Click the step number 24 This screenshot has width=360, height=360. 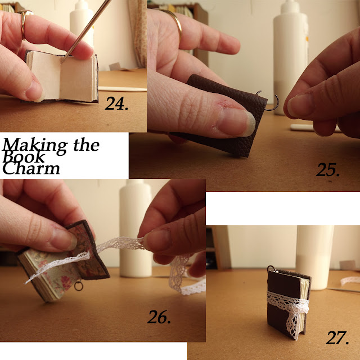click(x=116, y=103)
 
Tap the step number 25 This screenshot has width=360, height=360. click(x=328, y=170)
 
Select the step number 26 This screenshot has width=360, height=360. click(x=159, y=317)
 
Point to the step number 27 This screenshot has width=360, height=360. click(x=337, y=337)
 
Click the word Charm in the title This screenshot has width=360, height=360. click(x=31, y=168)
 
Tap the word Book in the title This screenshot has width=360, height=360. click(x=24, y=157)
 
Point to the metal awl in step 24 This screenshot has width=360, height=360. click(x=86, y=31)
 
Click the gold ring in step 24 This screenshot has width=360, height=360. click(x=24, y=24)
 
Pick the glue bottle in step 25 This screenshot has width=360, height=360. click(x=291, y=57)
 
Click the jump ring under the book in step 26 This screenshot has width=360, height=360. click(x=79, y=286)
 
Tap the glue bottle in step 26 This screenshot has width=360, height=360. click(x=136, y=228)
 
